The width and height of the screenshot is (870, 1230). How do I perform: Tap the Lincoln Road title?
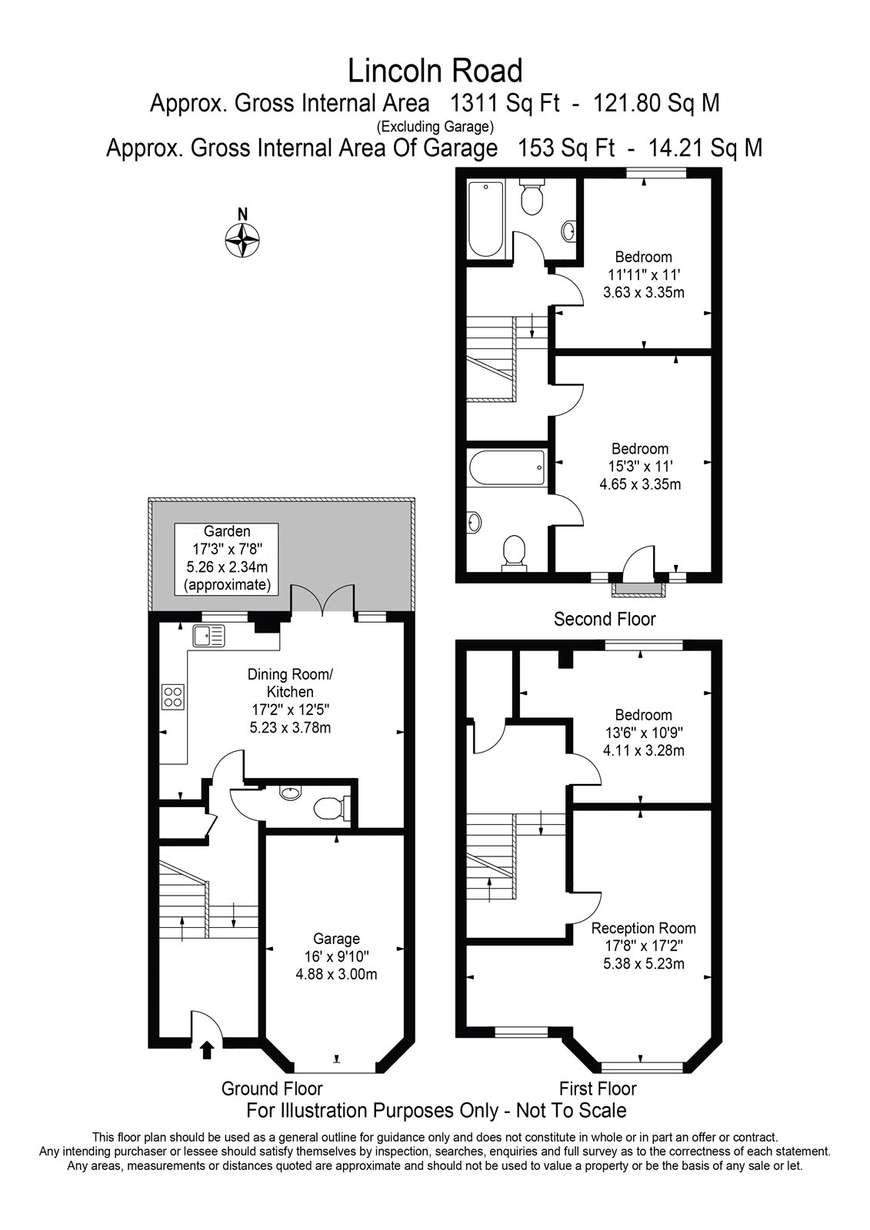[x=435, y=71]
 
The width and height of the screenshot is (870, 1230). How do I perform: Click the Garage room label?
[x=336, y=939]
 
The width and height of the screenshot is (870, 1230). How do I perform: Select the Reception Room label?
[x=644, y=928]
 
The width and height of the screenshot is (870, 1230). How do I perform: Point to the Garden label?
[x=227, y=531]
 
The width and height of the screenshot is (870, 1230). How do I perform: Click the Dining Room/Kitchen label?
[x=290, y=683]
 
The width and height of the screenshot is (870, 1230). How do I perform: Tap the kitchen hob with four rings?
[x=173, y=696]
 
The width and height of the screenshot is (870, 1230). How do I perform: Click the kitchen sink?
[x=208, y=636]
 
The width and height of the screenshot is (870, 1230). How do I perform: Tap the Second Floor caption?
[x=605, y=620]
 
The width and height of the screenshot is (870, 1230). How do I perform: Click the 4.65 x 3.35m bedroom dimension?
[x=640, y=484]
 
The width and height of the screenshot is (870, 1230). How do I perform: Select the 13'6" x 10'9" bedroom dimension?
[x=644, y=733]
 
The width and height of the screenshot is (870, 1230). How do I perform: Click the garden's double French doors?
[x=322, y=599]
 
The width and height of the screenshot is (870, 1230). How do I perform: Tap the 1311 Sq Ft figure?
[x=505, y=103]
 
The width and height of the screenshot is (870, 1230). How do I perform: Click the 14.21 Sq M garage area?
[x=706, y=148]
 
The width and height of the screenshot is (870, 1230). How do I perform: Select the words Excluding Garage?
[x=435, y=128]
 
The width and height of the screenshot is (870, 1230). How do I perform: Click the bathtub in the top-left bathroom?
[x=486, y=219]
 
